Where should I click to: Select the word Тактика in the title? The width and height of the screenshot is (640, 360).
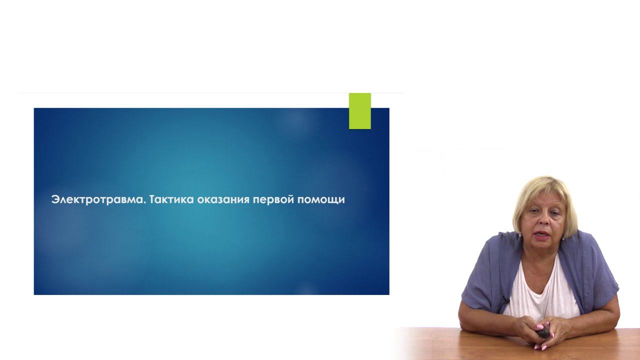coord(171,199)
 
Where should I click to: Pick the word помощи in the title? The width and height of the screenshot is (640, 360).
coord(321,200)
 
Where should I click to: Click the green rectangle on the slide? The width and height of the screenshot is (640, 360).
coord(359,111)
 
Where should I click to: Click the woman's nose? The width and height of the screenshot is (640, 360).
coord(544,221)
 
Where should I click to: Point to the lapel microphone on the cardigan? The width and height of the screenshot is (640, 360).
coord(505,300)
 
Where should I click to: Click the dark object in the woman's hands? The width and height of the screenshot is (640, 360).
coord(542,333)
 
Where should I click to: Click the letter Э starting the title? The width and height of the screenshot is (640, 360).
coord(55,199)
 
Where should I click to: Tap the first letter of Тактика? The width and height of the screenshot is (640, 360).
coord(153,199)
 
